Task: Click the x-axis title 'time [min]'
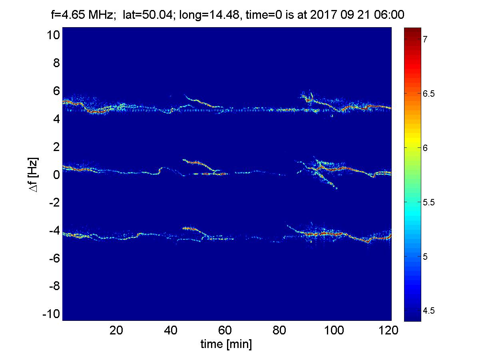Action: pos(226,344)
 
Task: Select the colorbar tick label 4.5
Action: pos(428,311)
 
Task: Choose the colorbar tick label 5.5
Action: pos(428,202)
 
